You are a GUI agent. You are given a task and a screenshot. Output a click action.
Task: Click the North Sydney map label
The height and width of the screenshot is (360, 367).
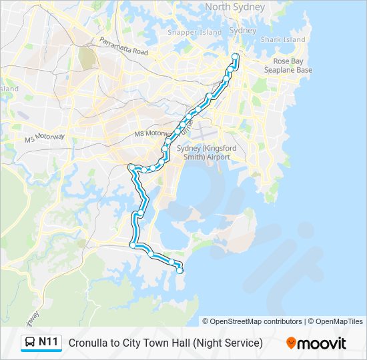point(235,7)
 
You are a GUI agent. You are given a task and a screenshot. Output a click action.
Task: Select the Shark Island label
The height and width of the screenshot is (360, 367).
point(283,40)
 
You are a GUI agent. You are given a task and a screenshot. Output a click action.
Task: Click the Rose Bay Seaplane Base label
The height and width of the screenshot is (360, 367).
point(288,65)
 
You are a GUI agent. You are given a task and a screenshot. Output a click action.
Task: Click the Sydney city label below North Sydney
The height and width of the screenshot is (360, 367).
point(242,31)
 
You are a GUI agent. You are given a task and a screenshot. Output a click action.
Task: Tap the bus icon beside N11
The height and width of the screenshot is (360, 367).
point(31,343)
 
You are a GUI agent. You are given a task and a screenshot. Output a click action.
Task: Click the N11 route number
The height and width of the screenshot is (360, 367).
point(49,343)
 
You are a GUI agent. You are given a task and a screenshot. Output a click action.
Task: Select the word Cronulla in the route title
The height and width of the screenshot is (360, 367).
point(89,343)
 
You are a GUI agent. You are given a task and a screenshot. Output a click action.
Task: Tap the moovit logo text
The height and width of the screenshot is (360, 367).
point(322,343)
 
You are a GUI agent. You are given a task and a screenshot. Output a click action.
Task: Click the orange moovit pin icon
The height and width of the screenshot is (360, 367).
point(291,343)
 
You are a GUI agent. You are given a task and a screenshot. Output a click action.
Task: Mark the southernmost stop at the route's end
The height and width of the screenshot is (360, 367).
point(179,270)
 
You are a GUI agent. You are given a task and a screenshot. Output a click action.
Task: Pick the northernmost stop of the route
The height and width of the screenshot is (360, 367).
point(236,55)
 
